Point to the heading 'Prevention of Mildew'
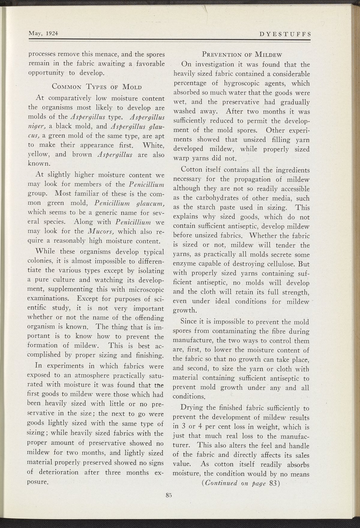pos(242,55)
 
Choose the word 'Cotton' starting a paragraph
pos(193,170)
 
